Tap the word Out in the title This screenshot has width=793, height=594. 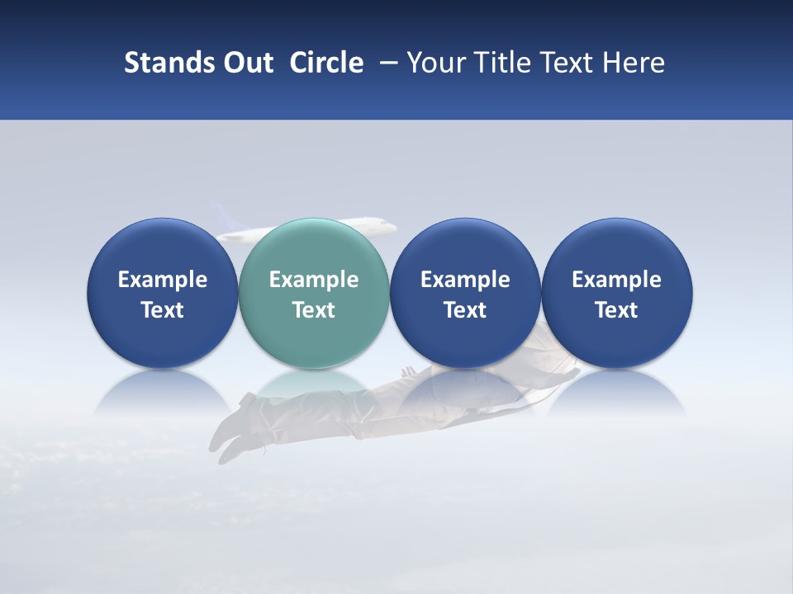pyautogui.click(x=246, y=63)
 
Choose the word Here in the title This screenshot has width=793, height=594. pyautogui.click(x=634, y=63)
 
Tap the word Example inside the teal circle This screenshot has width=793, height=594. pyautogui.click(x=314, y=280)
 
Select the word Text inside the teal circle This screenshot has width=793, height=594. pyautogui.click(x=314, y=310)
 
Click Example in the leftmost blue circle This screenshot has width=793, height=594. pyautogui.click(x=163, y=280)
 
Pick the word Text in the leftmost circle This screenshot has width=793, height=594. pyautogui.click(x=163, y=310)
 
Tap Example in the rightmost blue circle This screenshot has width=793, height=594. pyautogui.click(x=616, y=280)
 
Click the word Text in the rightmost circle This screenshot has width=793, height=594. pyautogui.click(x=616, y=310)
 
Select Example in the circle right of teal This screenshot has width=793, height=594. pyautogui.click(x=465, y=280)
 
